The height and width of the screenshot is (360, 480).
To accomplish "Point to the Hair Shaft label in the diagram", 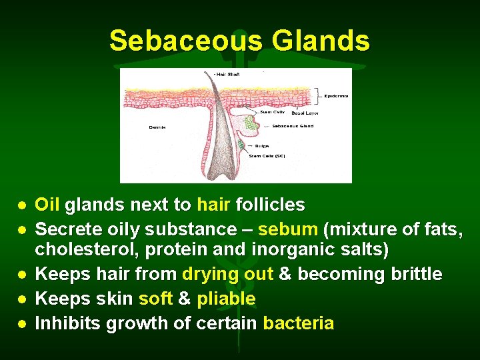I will point(227,74).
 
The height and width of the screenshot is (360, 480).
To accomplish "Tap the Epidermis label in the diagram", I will point(337,96).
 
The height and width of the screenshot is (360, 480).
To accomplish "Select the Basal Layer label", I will point(305,113).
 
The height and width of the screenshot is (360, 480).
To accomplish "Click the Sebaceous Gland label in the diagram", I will point(293,125).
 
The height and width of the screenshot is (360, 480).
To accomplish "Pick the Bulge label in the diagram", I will point(262,145).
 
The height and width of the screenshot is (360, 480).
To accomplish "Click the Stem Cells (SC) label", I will point(267,155).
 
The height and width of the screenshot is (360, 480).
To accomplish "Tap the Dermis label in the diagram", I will point(157,127).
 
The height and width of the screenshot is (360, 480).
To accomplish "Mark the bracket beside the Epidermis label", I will point(319,95).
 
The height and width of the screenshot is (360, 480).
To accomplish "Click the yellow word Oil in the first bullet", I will point(47,204).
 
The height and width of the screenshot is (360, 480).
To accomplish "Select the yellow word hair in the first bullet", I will point(213,204).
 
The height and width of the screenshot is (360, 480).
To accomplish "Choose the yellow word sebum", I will point(287,230).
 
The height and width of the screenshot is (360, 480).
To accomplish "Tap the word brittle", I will point(415,274).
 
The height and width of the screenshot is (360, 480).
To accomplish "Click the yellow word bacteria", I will point(299,323).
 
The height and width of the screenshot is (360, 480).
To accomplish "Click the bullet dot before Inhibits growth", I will point(23,324).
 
